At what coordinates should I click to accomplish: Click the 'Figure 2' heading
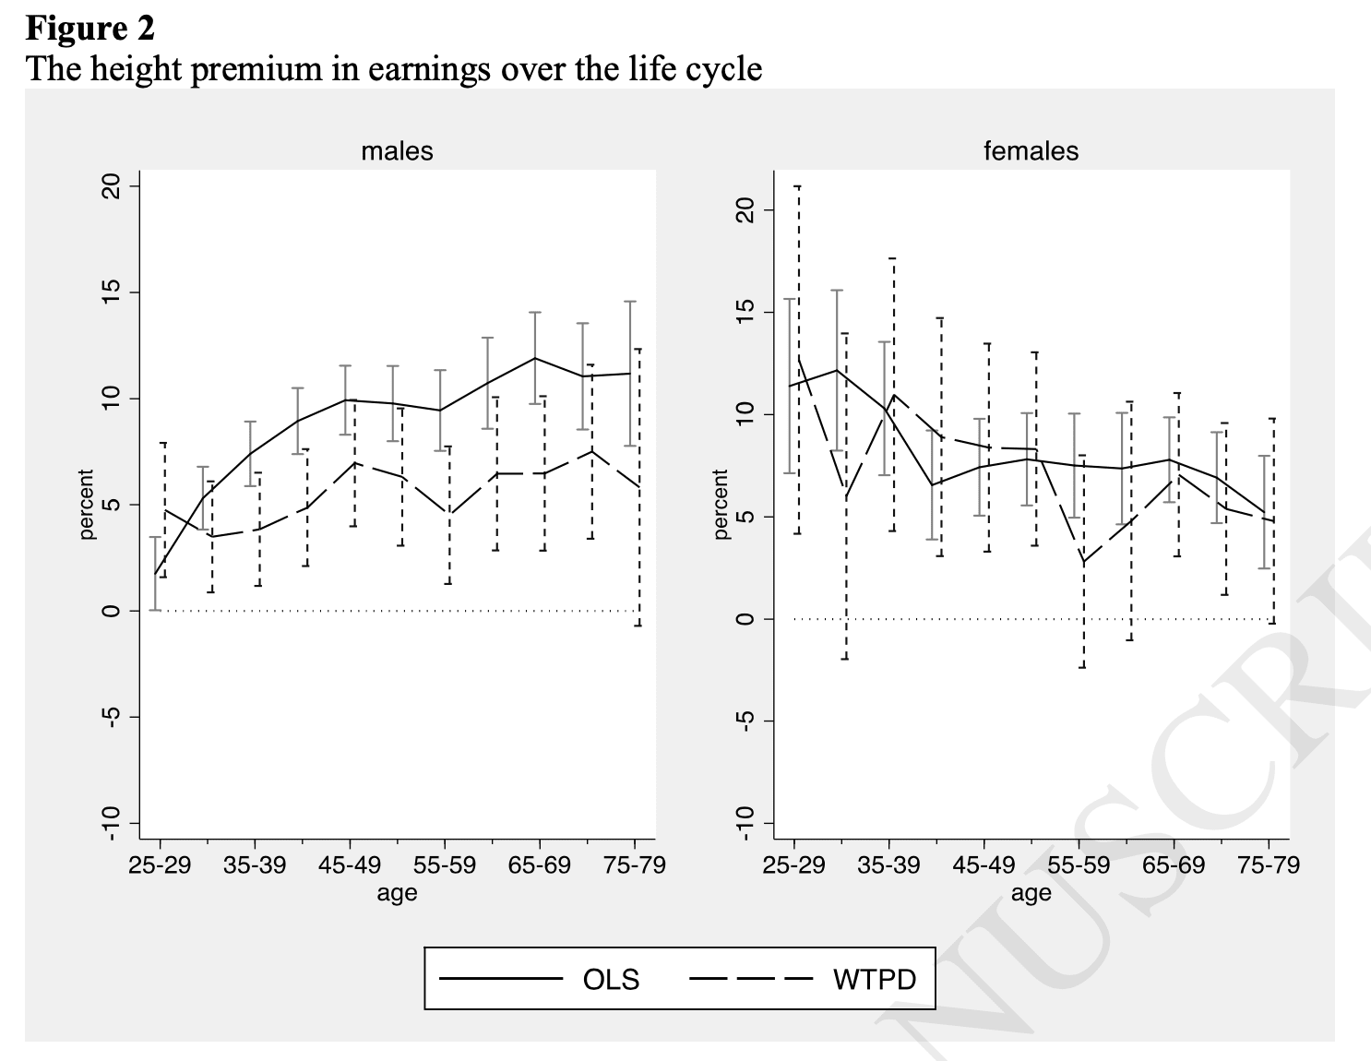click(x=90, y=29)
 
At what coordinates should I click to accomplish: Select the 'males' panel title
click(x=397, y=151)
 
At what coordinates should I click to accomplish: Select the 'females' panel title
click(x=1031, y=151)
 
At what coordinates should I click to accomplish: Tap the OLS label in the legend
click(x=611, y=980)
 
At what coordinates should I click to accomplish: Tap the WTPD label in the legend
click(x=875, y=980)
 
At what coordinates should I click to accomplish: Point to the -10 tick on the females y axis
click(x=745, y=823)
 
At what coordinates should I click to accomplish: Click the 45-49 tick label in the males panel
click(x=350, y=864)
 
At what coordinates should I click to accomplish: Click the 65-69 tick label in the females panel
click(x=1174, y=864)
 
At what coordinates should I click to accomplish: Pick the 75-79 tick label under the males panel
click(x=634, y=864)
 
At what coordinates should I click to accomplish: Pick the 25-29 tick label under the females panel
click(x=793, y=864)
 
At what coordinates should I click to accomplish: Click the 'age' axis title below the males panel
click(x=397, y=893)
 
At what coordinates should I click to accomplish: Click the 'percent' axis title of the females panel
click(x=721, y=504)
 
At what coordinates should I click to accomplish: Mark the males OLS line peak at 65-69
click(x=536, y=358)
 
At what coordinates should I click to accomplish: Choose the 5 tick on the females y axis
click(x=745, y=517)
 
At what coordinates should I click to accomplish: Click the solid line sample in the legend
click(x=500, y=979)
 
